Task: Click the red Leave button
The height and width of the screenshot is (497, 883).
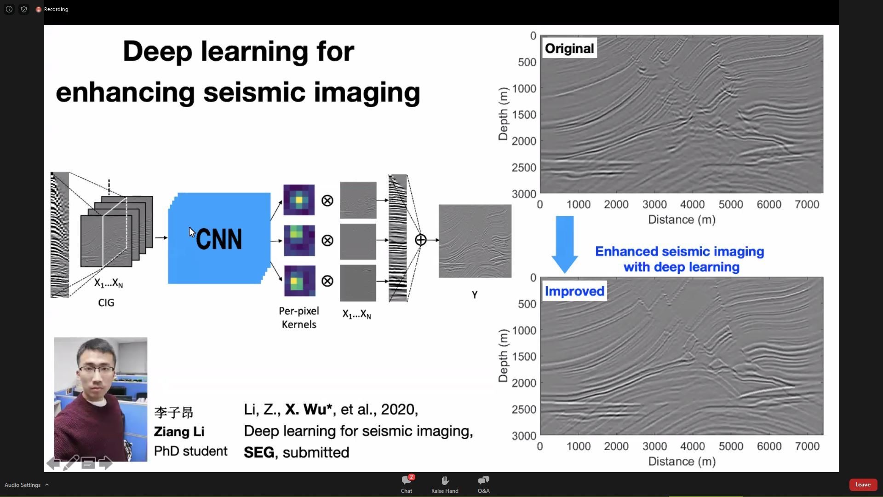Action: point(862,485)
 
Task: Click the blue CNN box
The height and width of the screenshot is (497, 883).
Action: point(219,238)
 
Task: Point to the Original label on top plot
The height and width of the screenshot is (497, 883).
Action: point(569,48)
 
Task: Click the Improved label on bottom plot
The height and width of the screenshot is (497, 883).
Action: point(574,291)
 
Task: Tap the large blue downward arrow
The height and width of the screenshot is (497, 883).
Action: point(565,244)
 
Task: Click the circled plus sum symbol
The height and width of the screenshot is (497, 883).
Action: point(420,240)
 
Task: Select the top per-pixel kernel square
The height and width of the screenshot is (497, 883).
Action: point(299,200)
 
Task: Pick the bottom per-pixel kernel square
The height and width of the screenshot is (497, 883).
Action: point(299,281)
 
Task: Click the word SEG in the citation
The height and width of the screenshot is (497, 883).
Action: point(259,452)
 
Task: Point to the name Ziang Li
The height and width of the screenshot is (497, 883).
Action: point(179,432)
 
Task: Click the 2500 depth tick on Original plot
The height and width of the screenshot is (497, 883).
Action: point(524,168)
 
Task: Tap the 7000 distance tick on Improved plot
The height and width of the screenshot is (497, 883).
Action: point(807,446)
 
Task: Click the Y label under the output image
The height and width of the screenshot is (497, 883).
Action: point(475,295)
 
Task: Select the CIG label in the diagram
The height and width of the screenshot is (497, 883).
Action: point(106,303)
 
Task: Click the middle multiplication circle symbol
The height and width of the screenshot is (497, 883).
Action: point(327,241)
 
